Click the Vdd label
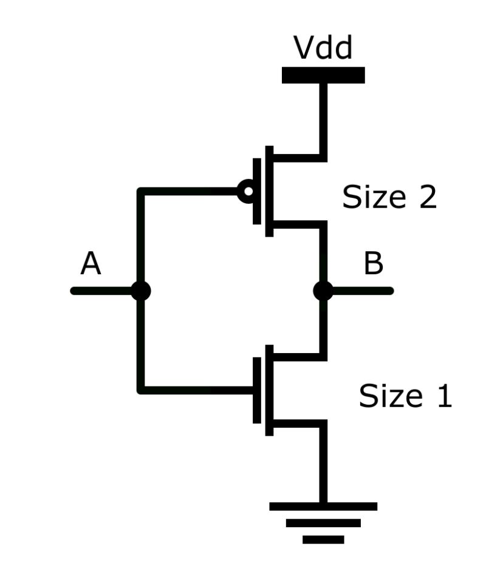pyautogui.click(x=323, y=48)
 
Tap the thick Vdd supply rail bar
pyautogui.click(x=323, y=75)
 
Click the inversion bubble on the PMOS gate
pyautogui.click(x=247, y=192)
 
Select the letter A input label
pyautogui.click(x=91, y=264)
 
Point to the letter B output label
pyautogui.click(x=373, y=264)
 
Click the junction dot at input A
pyautogui.click(x=141, y=291)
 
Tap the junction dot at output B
pyautogui.click(x=323, y=291)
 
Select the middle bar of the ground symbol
pyautogui.click(x=323, y=523)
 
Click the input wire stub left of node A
pyautogui.click(x=103, y=291)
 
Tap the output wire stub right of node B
pyautogui.click(x=361, y=291)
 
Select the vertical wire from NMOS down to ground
pyautogui.click(x=323, y=464)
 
